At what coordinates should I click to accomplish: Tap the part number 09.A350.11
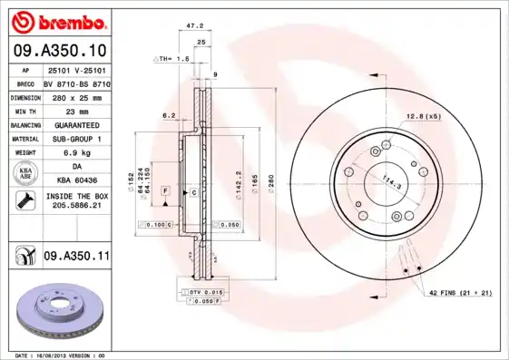pyautogui.click(x=76, y=258)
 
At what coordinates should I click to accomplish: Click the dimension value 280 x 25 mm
pyautogui.click(x=76, y=96)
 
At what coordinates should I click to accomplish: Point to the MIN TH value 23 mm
pyautogui.click(x=76, y=110)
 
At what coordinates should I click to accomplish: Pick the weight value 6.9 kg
pyautogui.click(x=76, y=153)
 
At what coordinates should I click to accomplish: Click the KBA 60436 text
pyautogui.click(x=76, y=181)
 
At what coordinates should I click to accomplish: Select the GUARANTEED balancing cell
pyautogui.click(x=76, y=124)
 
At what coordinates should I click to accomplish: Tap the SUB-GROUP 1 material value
pyautogui.click(x=76, y=139)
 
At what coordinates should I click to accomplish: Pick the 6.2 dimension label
pyautogui.click(x=168, y=116)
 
